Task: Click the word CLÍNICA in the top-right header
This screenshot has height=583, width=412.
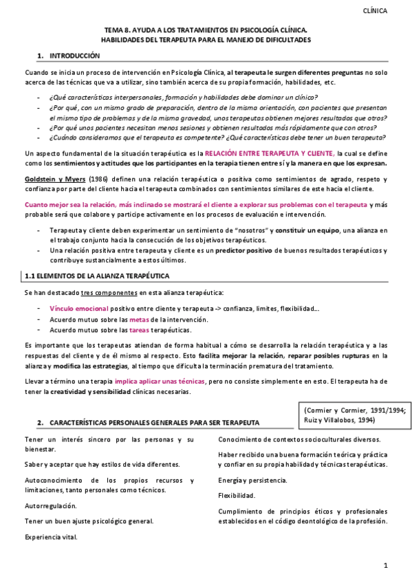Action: click(x=374, y=10)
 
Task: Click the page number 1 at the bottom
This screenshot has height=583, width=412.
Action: click(x=386, y=565)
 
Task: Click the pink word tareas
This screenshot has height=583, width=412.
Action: click(x=139, y=330)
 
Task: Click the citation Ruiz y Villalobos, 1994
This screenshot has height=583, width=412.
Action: click(x=337, y=419)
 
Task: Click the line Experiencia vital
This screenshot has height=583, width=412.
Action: click(x=51, y=536)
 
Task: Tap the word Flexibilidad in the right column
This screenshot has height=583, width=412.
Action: click(x=236, y=496)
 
